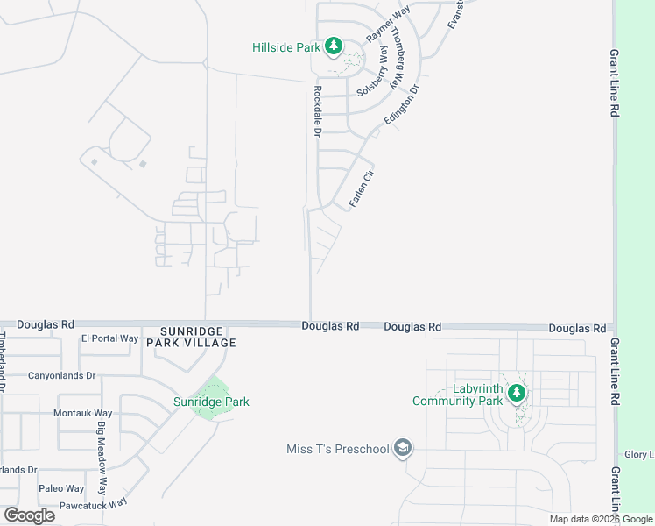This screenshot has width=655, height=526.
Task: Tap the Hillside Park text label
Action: [x=286, y=47]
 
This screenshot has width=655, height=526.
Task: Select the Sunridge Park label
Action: [x=211, y=402]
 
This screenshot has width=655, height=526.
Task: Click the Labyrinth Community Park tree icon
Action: [x=518, y=392]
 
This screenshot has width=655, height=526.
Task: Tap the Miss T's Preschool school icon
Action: [x=402, y=449]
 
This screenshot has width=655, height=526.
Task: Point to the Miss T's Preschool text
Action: [x=337, y=450]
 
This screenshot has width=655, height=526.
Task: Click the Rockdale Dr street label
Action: [x=318, y=110]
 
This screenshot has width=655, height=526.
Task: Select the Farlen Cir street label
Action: [x=362, y=188]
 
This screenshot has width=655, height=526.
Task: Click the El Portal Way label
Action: [x=109, y=338]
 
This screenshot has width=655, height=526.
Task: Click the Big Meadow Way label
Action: [x=102, y=459]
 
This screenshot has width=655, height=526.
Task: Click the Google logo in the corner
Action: [x=29, y=515]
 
